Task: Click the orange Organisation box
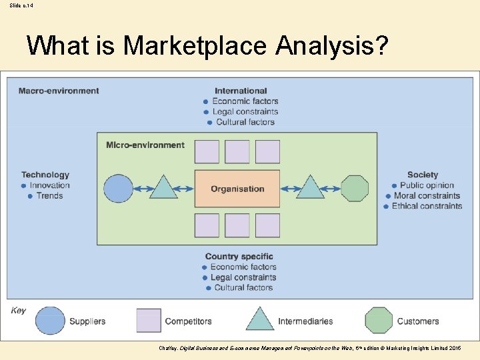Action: (x=237, y=189)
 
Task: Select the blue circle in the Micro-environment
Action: (x=119, y=189)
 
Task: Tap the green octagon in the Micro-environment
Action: (x=355, y=189)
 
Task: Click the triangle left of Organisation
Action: (x=163, y=188)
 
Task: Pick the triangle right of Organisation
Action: (x=310, y=188)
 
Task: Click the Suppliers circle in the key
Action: (x=51, y=321)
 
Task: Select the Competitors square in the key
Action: (x=149, y=321)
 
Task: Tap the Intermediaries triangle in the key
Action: (x=260, y=319)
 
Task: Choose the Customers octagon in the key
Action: (x=379, y=321)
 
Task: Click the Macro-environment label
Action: (x=59, y=91)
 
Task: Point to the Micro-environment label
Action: (x=145, y=145)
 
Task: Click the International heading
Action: (x=241, y=91)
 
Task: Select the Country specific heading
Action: (x=239, y=257)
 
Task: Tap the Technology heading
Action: (x=45, y=175)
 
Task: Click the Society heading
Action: (x=423, y=175)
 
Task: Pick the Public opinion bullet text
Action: (x=427, y=185)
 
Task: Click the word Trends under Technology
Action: (x=50, y=196)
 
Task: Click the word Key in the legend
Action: (x=19, y=311)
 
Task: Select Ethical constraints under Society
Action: (x=427, y=206)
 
